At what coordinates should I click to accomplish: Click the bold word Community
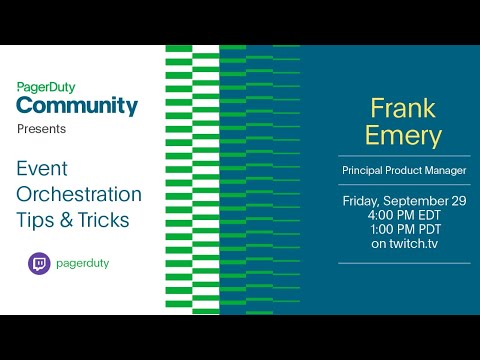click(x=77, y=105)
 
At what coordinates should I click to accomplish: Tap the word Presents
click(x=42, y=130)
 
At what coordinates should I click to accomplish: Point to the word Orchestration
click(x=79, y=194)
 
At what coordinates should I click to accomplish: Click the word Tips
click(x=37, y=220)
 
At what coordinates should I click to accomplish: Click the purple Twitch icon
click(x=39, y=264)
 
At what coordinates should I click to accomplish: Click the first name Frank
click(x=404, y=107)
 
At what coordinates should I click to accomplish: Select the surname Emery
click(x=404, y=135)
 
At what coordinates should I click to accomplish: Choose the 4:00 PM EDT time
click(x=404, y=214)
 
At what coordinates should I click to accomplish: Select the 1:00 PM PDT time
click(x=404, y=229)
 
